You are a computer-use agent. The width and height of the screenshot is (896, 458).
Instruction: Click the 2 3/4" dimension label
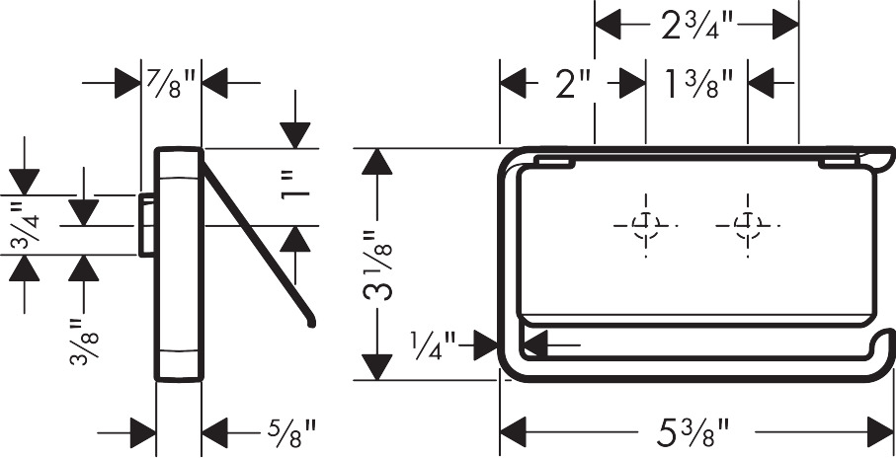[x=697, y=26]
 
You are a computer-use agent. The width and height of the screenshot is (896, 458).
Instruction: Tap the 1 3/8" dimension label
[x=697, y=83]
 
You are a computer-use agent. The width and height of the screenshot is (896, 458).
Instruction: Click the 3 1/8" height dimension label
[x=377, y=265]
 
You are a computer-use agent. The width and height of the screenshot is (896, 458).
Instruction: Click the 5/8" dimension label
[x=291, y=433]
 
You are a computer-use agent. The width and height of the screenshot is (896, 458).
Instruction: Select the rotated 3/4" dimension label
[x=25, y=225]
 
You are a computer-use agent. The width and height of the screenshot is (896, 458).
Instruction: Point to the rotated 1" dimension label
[x=295, y=187]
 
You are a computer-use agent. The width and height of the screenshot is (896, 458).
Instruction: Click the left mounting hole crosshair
[x=646, y=225]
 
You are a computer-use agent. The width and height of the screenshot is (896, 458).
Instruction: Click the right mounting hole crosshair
[x=748, y=225]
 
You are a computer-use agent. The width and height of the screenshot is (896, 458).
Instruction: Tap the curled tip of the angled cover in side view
[x=311, y=323]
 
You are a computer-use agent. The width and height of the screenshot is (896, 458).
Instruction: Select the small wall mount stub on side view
[x=146, y=225]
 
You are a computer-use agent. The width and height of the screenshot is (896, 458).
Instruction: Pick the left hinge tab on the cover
[x=556, y=163]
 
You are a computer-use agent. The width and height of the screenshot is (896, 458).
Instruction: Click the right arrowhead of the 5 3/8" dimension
[x=880, y=432]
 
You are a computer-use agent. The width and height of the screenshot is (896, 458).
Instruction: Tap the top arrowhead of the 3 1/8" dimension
[x=377, y=161]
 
